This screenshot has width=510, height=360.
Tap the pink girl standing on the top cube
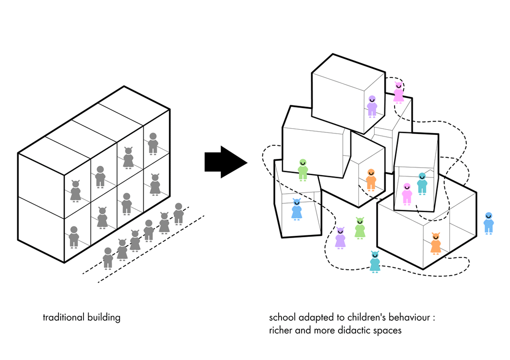tap(398, 92)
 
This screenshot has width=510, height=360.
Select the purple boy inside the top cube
tap(372, 107)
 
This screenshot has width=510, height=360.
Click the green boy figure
tap(303, 170)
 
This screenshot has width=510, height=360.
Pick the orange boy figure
tap(370, 180)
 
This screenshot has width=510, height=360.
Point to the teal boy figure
tap(422, 183)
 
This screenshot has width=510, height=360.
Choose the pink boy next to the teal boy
tap(407, 194)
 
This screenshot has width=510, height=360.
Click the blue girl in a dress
tap(297, 209)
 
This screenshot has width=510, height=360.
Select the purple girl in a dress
tap(340, 238)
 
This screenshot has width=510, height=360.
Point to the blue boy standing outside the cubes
tap(488, 223)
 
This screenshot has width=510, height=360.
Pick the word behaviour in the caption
tap(410, 318)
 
